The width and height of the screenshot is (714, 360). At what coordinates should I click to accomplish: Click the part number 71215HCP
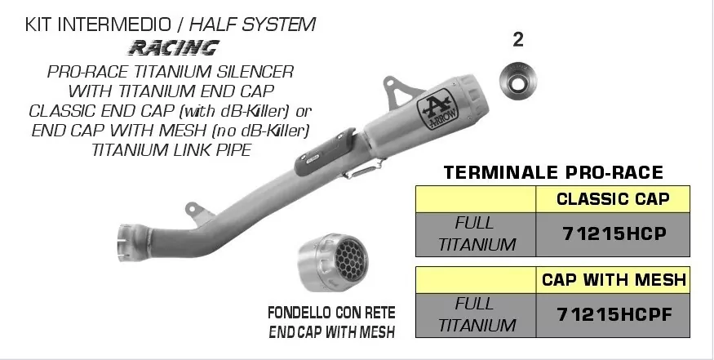point(614,233)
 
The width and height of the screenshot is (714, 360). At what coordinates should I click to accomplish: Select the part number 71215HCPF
point(614,313)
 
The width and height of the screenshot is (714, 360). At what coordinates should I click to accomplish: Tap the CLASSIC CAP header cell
point(614,198)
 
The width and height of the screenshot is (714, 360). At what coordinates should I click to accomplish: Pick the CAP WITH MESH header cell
point(614,280)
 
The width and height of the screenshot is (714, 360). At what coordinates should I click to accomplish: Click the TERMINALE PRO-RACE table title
point(552,173)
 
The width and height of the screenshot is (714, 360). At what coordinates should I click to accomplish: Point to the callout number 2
point(517,39)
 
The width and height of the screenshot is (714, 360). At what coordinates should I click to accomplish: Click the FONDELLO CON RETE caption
point(332,313)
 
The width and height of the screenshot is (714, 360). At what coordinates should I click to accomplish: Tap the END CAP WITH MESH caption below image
point(332,331)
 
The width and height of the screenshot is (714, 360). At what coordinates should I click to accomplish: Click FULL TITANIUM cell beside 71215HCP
point(477,233)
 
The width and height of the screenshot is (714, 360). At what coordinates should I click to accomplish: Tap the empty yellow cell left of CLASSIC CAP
point(476,198)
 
